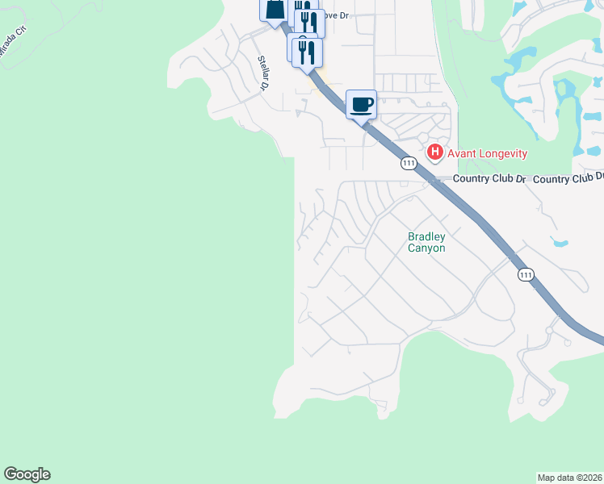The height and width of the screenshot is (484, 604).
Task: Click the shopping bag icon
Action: [274, 10]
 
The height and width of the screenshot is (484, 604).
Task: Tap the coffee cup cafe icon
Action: [361, 103]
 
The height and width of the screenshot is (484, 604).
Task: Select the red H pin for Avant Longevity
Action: [435, 152]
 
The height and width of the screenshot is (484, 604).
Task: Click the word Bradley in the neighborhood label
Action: [426, 237]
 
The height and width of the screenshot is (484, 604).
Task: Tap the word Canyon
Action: [426, 248]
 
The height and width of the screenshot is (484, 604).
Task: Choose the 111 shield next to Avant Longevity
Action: [409, 163]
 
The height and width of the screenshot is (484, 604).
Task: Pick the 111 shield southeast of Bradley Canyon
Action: [526, 275]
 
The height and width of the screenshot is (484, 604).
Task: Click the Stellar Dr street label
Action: [263, 72]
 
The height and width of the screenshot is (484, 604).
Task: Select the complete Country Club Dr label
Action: [489, 178]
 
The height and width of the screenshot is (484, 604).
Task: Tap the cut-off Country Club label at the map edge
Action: [568, 178]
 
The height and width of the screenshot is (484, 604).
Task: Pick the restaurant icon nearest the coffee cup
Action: [307, 52]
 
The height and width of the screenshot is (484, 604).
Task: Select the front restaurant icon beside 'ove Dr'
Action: [309, 22]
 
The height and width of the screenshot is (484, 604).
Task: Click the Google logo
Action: [27, 474]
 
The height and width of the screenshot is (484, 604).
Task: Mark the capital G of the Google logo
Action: [10, 474]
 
